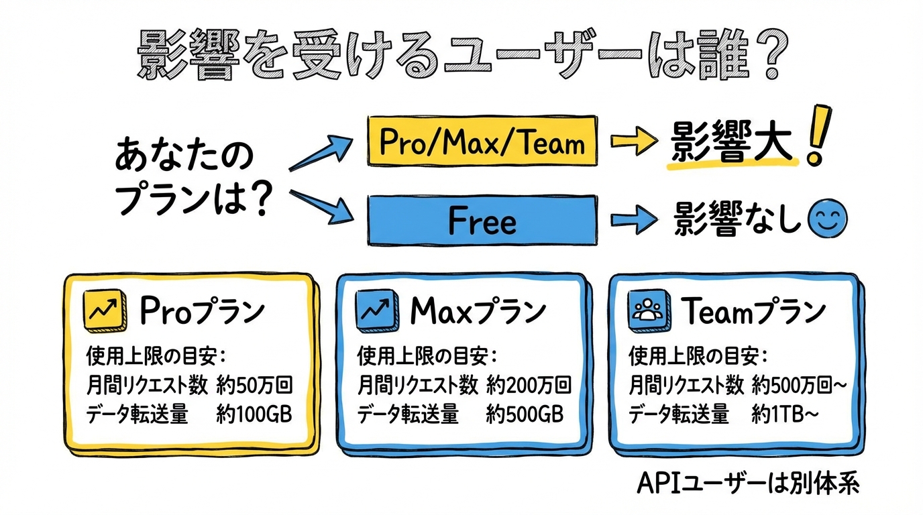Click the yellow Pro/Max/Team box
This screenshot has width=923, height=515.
click(x=482, y=141)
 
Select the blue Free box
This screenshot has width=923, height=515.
click(x=482, y=220)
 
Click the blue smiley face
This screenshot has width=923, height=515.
click(x=828, y=219)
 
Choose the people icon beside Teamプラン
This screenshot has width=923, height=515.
click(x=646, y=310)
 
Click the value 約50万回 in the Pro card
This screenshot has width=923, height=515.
click(x=255, y=385)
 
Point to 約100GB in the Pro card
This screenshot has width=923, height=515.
click(x=254, y=415)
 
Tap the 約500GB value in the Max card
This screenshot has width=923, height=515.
click(x=525, y=415)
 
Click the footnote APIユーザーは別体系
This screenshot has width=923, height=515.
click(x=747, y=483)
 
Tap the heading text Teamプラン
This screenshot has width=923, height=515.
click(x=753, y=311)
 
